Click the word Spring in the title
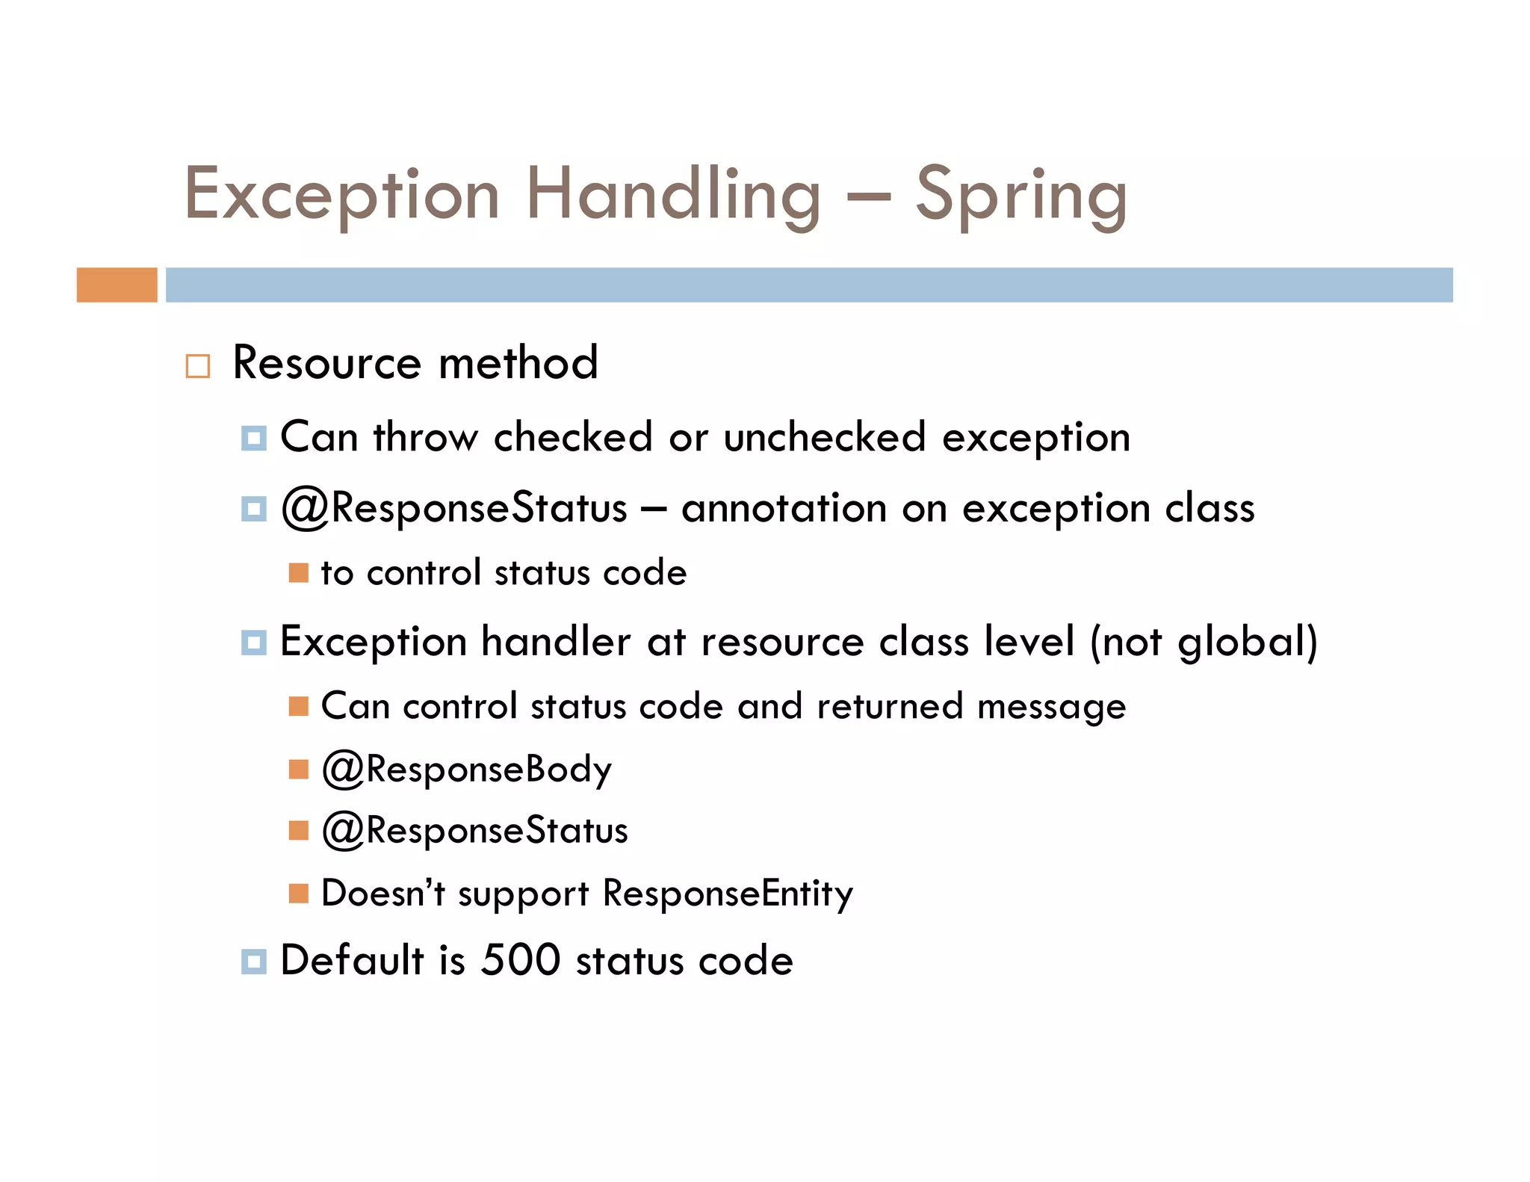coord(1020,196)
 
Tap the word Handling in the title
coord(673,196)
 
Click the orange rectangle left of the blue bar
coord(117,285)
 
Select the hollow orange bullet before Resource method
coord(198,366)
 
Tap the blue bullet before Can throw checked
coord(254,438)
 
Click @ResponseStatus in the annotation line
coord(454,508)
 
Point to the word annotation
coord(784,508)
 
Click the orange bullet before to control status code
coord(298,573)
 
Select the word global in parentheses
coord(1241,643)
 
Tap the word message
coord(1051,706)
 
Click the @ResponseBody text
coord(467,769)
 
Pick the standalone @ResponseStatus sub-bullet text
coord(475,831)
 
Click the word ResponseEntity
coord(728,894)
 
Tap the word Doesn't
coord(383,894)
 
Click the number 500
coord(520,960)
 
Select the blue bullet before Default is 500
coord(254,962)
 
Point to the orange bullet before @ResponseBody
coord(298,770)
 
